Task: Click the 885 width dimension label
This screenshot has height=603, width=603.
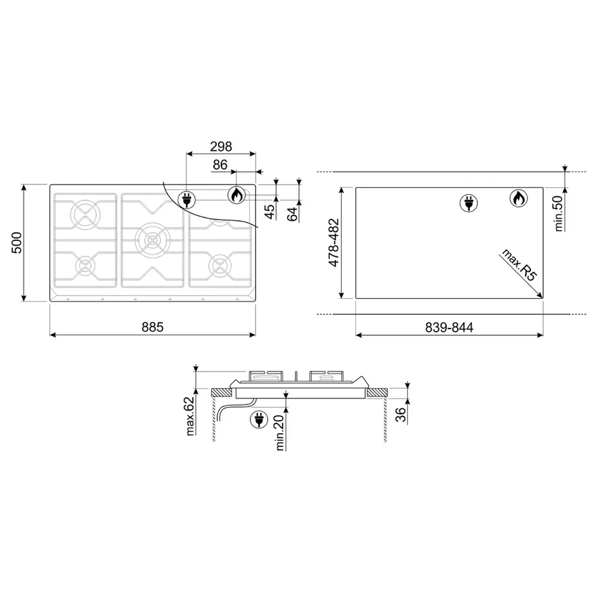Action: (x=153, y=327)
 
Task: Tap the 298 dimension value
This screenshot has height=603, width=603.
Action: (x=221, y=146)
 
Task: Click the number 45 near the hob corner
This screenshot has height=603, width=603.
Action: (x=270, y=211)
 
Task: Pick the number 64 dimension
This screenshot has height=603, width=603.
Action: (x=291, y=214)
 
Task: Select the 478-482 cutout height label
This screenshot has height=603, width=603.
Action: (x=333, y=243)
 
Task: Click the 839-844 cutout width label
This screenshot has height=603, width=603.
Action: (x=450, y=327)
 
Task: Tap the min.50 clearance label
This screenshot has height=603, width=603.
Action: (x=558, y=213)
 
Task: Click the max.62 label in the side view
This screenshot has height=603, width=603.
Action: (x=190, y=416)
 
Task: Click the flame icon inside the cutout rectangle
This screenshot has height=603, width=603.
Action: (x=518, y=199)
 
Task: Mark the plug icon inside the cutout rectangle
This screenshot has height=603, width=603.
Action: (x=467, y=202)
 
